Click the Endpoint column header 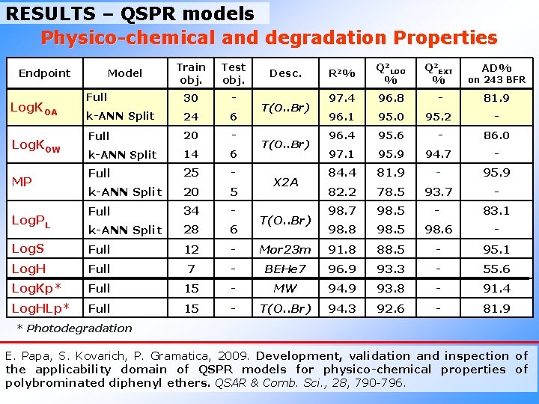(x=44, y=73)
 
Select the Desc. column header (x=285, y=73)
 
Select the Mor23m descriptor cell (x=285, y=249)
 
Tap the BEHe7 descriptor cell (x=285, y=269)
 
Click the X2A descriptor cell (x=285, y=182)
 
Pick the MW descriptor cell (x=285, y=288)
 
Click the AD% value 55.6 (x=496, y=269)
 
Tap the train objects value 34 (x=191, y=211)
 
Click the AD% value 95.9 (x=496, y=174)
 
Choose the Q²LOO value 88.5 (x=392, y=249)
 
